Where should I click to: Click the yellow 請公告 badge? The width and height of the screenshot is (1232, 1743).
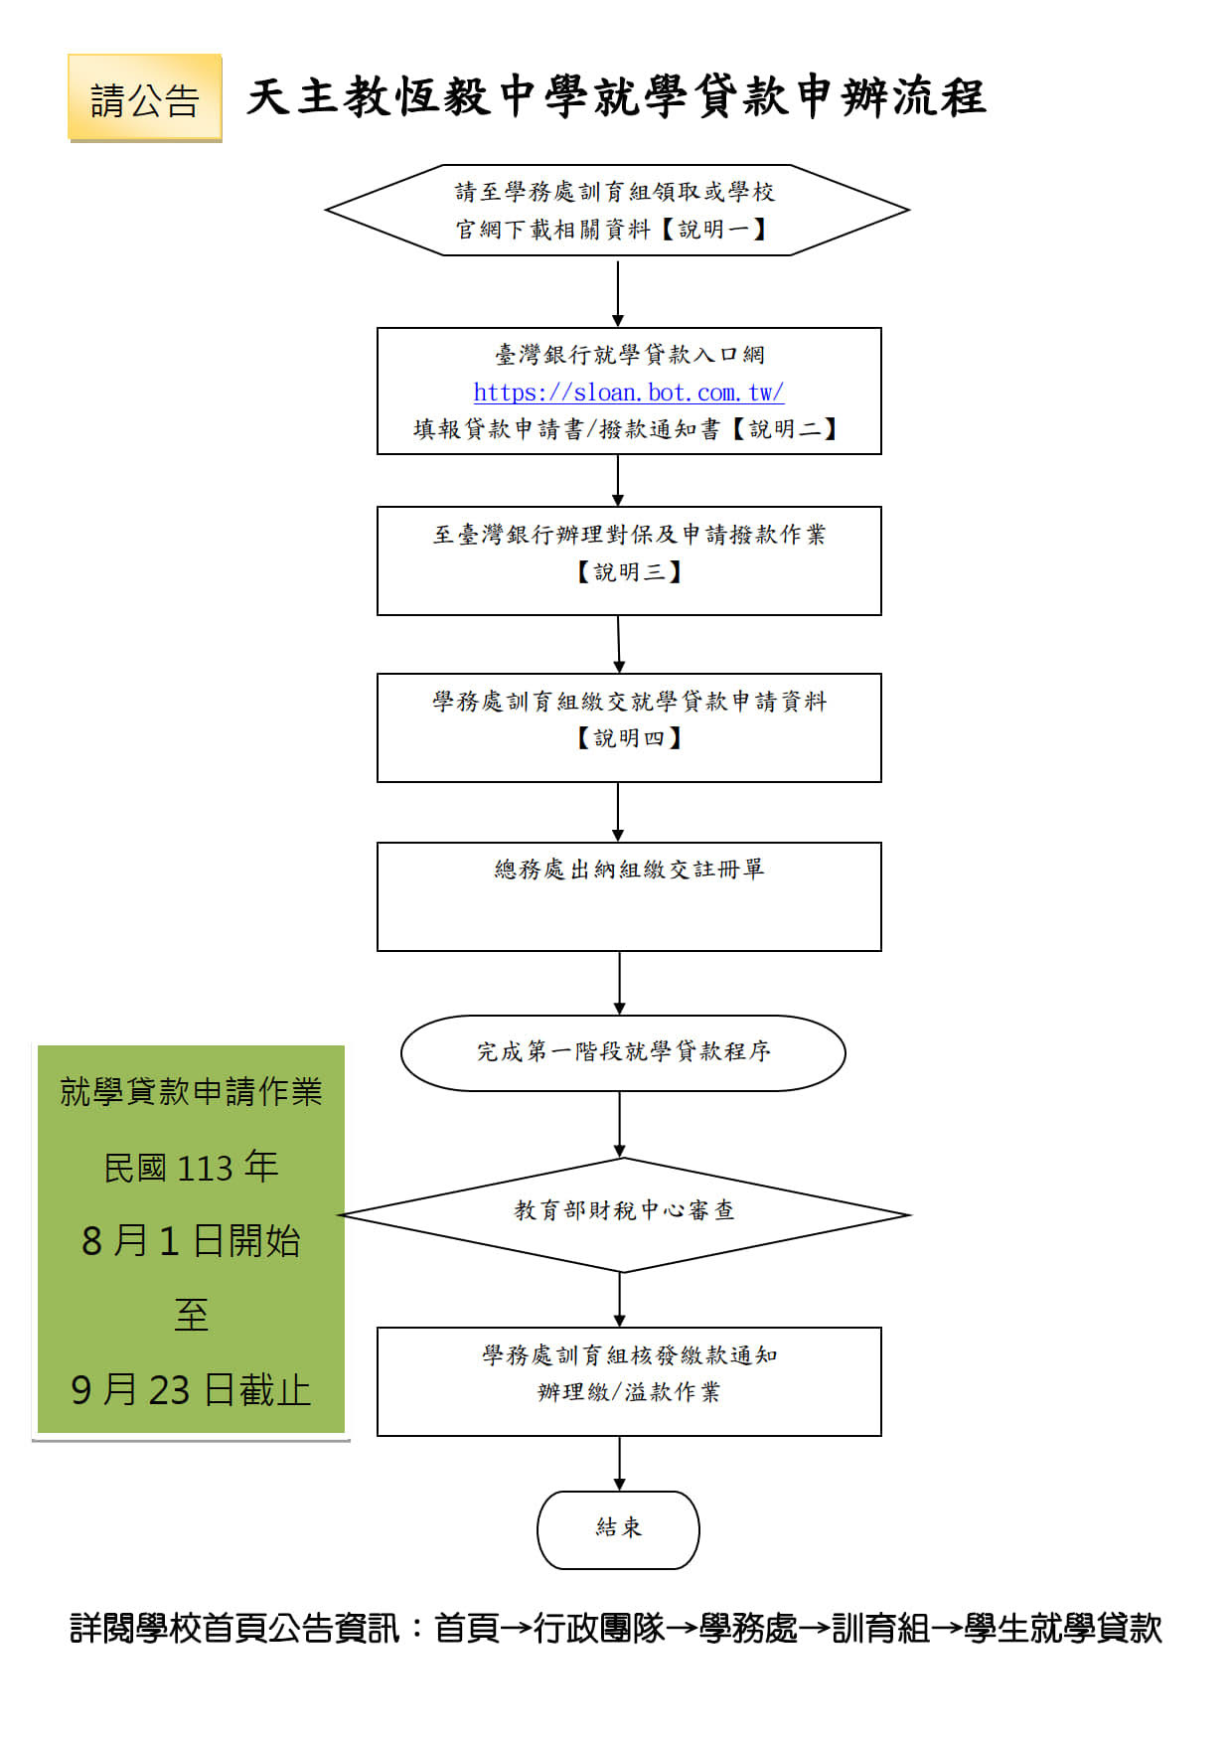pos(145,98)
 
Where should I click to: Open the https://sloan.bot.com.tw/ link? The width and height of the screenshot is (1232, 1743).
pos(629,393)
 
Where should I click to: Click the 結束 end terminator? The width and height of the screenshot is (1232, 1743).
pos(618,1529)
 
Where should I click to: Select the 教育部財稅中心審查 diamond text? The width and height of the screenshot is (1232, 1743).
pos(624,1210)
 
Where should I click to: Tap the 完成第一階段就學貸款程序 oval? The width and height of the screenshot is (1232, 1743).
pos(623,1052)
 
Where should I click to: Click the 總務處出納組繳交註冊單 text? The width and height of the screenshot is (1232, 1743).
pos(629,870)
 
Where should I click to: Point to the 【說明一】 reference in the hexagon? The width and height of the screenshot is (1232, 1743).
pos(714,230)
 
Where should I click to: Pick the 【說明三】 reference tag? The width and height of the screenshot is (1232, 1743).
pos(629,572)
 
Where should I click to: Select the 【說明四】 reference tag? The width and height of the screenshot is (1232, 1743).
pos(629,738)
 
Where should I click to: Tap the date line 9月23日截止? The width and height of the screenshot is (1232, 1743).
pos(191,1390)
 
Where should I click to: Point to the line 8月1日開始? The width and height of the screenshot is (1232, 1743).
pos(191,1241)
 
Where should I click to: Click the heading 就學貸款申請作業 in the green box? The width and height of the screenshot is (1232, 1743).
pos(191,1092)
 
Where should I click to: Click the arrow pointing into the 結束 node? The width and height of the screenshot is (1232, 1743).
pos(619,1463)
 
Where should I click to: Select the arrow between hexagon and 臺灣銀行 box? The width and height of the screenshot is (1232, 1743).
pos(618,292)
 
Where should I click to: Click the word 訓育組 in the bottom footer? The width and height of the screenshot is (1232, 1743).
pos(880,1628)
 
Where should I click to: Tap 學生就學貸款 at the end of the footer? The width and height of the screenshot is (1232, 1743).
pos(1063,1628)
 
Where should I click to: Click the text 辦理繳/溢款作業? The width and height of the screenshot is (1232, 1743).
pos(629,1392)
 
